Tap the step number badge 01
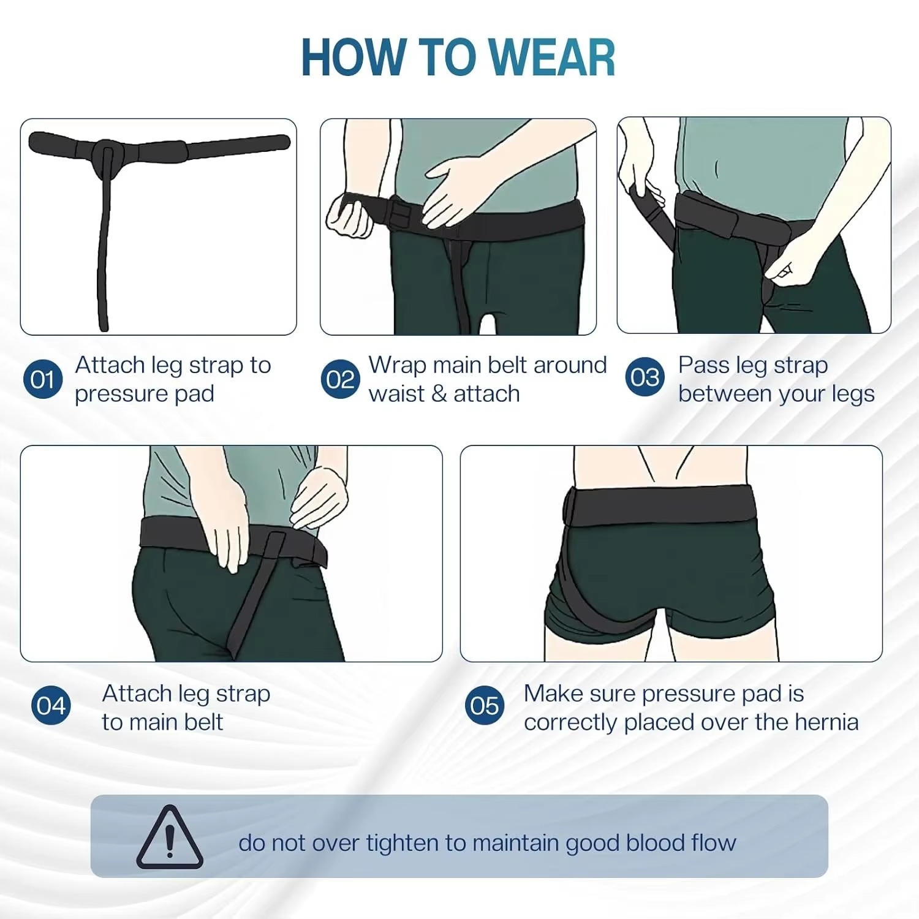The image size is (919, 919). click(42, 379)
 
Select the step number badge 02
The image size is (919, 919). click(340, 379)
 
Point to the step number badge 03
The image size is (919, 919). click(645, 377)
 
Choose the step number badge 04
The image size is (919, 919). click(51, 705)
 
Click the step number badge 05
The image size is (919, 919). click(484, 705)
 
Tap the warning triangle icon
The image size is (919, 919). click(170, 838)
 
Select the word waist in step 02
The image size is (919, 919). click(396, 394)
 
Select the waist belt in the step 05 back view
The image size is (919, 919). click(662, 502)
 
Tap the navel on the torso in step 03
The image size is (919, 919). click(717, 169)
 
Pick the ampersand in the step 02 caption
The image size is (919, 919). click(439, 394)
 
